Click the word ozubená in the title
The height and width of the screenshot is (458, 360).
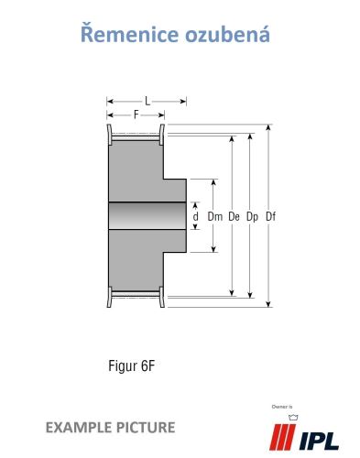click(227, 34)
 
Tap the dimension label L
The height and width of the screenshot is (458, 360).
click(147, 101)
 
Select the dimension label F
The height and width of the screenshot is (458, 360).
click(136, 114)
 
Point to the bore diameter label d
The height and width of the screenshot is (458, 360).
click(196, 216)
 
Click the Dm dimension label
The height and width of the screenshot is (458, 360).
click(215, 216)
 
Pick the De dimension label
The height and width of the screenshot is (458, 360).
click(234, 216)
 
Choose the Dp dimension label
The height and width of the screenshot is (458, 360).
click(252, 217)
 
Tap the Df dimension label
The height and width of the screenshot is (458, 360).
click(270, 216)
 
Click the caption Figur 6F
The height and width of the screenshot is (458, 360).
click(132, 365)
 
